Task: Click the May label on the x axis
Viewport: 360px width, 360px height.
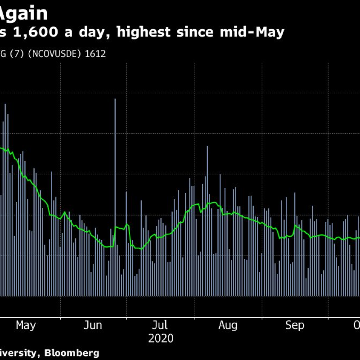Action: (26, 325)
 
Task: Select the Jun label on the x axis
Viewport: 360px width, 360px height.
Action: (93, 325)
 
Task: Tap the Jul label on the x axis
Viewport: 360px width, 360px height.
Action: (160, 325)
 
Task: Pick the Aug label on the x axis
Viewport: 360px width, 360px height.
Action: (228, 325)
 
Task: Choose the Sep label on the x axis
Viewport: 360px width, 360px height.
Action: (295, 325)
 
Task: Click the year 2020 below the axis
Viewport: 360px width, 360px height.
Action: (161, 338)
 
